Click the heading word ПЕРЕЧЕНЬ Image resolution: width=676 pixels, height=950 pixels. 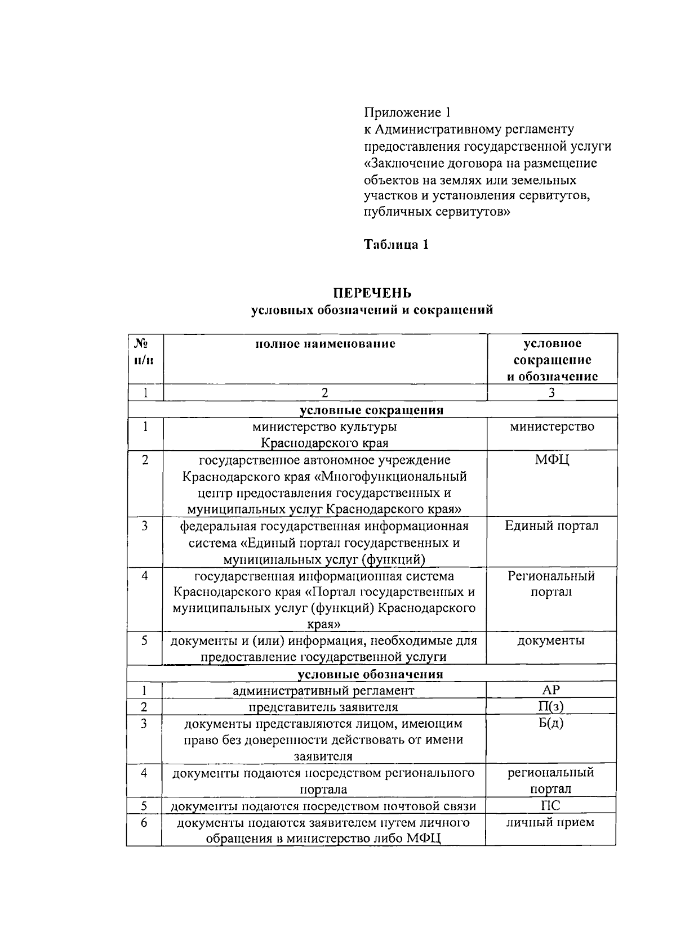[372, 293]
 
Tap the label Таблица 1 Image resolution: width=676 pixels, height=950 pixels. [396, 244]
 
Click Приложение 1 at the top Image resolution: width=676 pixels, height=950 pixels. [407, 112]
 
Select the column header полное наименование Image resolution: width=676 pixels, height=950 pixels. [325, 344]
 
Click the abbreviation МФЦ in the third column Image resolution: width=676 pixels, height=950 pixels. [552, 460]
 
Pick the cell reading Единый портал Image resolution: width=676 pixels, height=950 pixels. [552, 526]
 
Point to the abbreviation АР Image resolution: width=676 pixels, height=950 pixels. [551, 690]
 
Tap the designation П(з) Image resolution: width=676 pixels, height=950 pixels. [551, 707]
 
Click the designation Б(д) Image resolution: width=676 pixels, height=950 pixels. [551, 723]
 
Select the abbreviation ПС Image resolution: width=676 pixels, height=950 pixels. [551, 805]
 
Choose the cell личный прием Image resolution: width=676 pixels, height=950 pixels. [551, 822]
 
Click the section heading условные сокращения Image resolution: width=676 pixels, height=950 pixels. [372, 410]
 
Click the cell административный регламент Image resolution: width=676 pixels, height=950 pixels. [324, 691]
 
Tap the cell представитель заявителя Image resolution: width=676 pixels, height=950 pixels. [324, 707]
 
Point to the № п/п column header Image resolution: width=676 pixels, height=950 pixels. [145, 351]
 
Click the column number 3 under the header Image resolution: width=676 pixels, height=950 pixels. [552, 393]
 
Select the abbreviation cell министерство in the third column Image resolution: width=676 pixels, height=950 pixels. [552, 427]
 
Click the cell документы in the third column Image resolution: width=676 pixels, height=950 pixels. [551, 640]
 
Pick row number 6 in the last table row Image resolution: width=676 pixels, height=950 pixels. [144, 822]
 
